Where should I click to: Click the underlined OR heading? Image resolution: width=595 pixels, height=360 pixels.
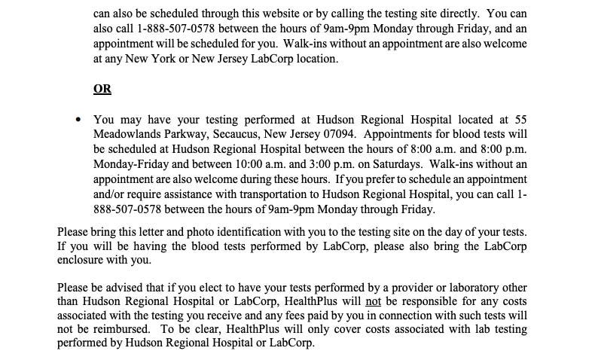[x=102, y=89]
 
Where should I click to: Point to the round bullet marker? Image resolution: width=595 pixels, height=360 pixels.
[x=79, y=120]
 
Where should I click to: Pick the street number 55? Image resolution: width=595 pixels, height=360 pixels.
[x=520, y=119]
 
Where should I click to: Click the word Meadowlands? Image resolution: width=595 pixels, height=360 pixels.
[x=127, y=134]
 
